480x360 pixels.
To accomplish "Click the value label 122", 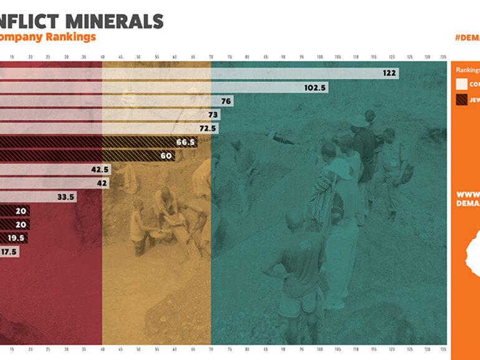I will coord(390,73).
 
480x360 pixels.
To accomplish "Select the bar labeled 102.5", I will coord(187,88).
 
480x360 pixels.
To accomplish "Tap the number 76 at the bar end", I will coord(226,101).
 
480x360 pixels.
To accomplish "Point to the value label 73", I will coord(213,115).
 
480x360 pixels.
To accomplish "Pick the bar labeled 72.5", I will coord(125,128).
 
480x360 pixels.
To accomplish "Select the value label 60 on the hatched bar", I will coord(166,156).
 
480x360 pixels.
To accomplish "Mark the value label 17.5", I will coord(9,252).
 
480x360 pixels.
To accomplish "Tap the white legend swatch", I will coord(461,84).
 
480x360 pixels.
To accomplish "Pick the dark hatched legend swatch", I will coord(461,99).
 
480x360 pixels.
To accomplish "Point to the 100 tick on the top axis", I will coord(320,57).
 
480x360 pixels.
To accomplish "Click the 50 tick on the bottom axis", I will coord(138,349).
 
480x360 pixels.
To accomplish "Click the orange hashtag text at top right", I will coord(468,37).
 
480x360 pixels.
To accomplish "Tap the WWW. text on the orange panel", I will coord(468,194).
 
